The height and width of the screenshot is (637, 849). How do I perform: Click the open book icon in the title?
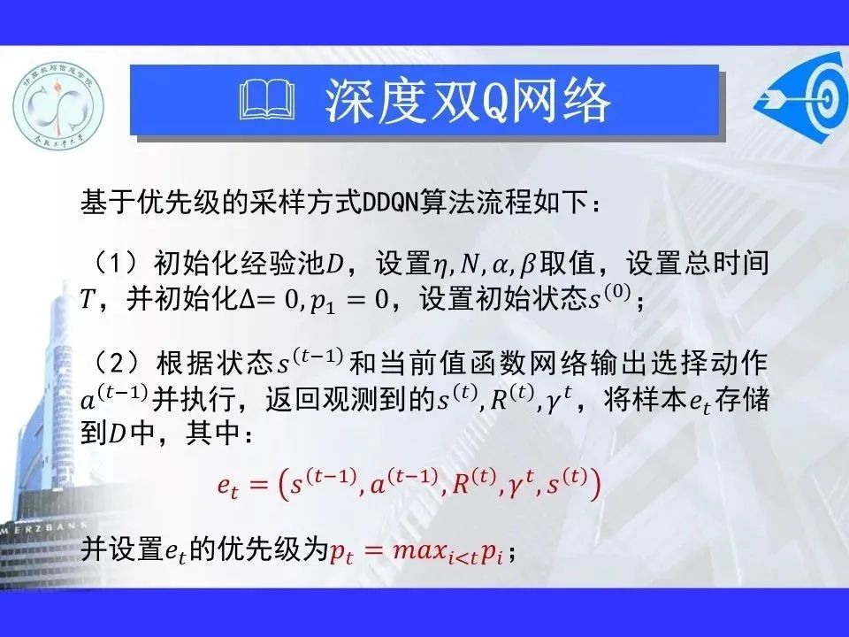coord(267,99)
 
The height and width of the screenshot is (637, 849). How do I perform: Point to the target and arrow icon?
coord(801,98)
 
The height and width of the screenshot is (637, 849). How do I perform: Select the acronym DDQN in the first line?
coord(389,204)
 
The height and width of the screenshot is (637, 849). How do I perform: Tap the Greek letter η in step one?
coord(440,266)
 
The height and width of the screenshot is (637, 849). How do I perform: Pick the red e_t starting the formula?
coord(227,486)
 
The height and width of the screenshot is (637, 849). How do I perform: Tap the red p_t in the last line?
coord(341,552)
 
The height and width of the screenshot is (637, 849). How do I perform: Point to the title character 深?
coord(344,101)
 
